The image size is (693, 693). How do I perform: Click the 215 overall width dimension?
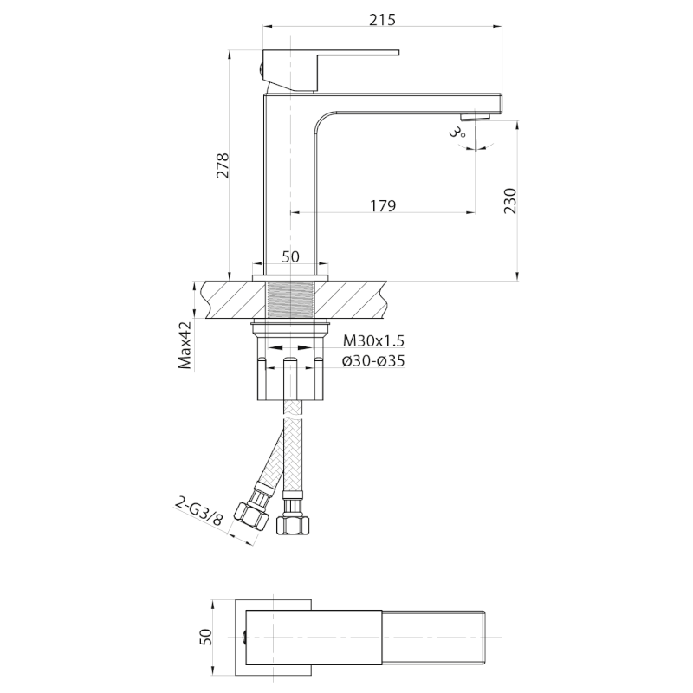pyautogui.click(x=382, y=20)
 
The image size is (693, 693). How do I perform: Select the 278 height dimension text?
pyautogui.click(x=223, y=165)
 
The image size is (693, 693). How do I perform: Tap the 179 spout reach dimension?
pyautogui.click(x=383, y=205)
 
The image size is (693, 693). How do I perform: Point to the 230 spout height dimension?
pyautogui.click(x=509, y=201)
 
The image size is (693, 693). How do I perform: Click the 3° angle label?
pyautogui.click(x=457, y=133)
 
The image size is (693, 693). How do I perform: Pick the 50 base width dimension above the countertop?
pyautogui.click(x=290, y=256)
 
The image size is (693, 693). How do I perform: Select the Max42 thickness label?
pyautogui.click(x=185, y=345)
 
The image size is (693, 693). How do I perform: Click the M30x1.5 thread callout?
pyautogui.click(x=373, y=340)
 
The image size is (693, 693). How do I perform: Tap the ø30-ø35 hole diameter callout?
pyautogui.click(x=373, y=361)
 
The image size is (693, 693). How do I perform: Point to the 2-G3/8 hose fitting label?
pyautogui.click(x=198, y=511)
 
